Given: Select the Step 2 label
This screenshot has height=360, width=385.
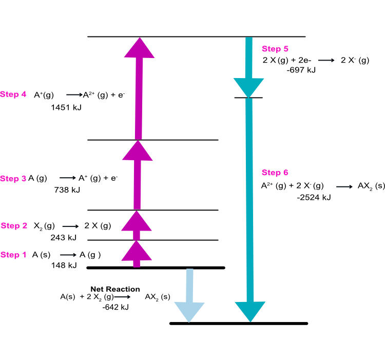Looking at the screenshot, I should pos(15,225).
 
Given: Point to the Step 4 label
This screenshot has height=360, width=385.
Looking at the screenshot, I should pos(14,94).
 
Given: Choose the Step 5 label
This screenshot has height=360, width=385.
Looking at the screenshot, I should pos(275,49).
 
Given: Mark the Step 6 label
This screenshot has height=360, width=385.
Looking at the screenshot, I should pos(275,172).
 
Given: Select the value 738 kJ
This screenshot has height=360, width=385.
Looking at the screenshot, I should pos(67,190).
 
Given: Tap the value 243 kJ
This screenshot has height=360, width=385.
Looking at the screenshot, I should pos(63,237).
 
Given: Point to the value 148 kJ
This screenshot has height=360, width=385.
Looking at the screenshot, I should pos(64,266).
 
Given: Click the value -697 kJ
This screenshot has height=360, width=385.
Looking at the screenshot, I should pos(301,70).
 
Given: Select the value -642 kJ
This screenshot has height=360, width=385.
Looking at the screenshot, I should pos(115,307).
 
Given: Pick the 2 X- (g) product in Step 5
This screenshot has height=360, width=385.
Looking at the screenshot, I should pos(355,60).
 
